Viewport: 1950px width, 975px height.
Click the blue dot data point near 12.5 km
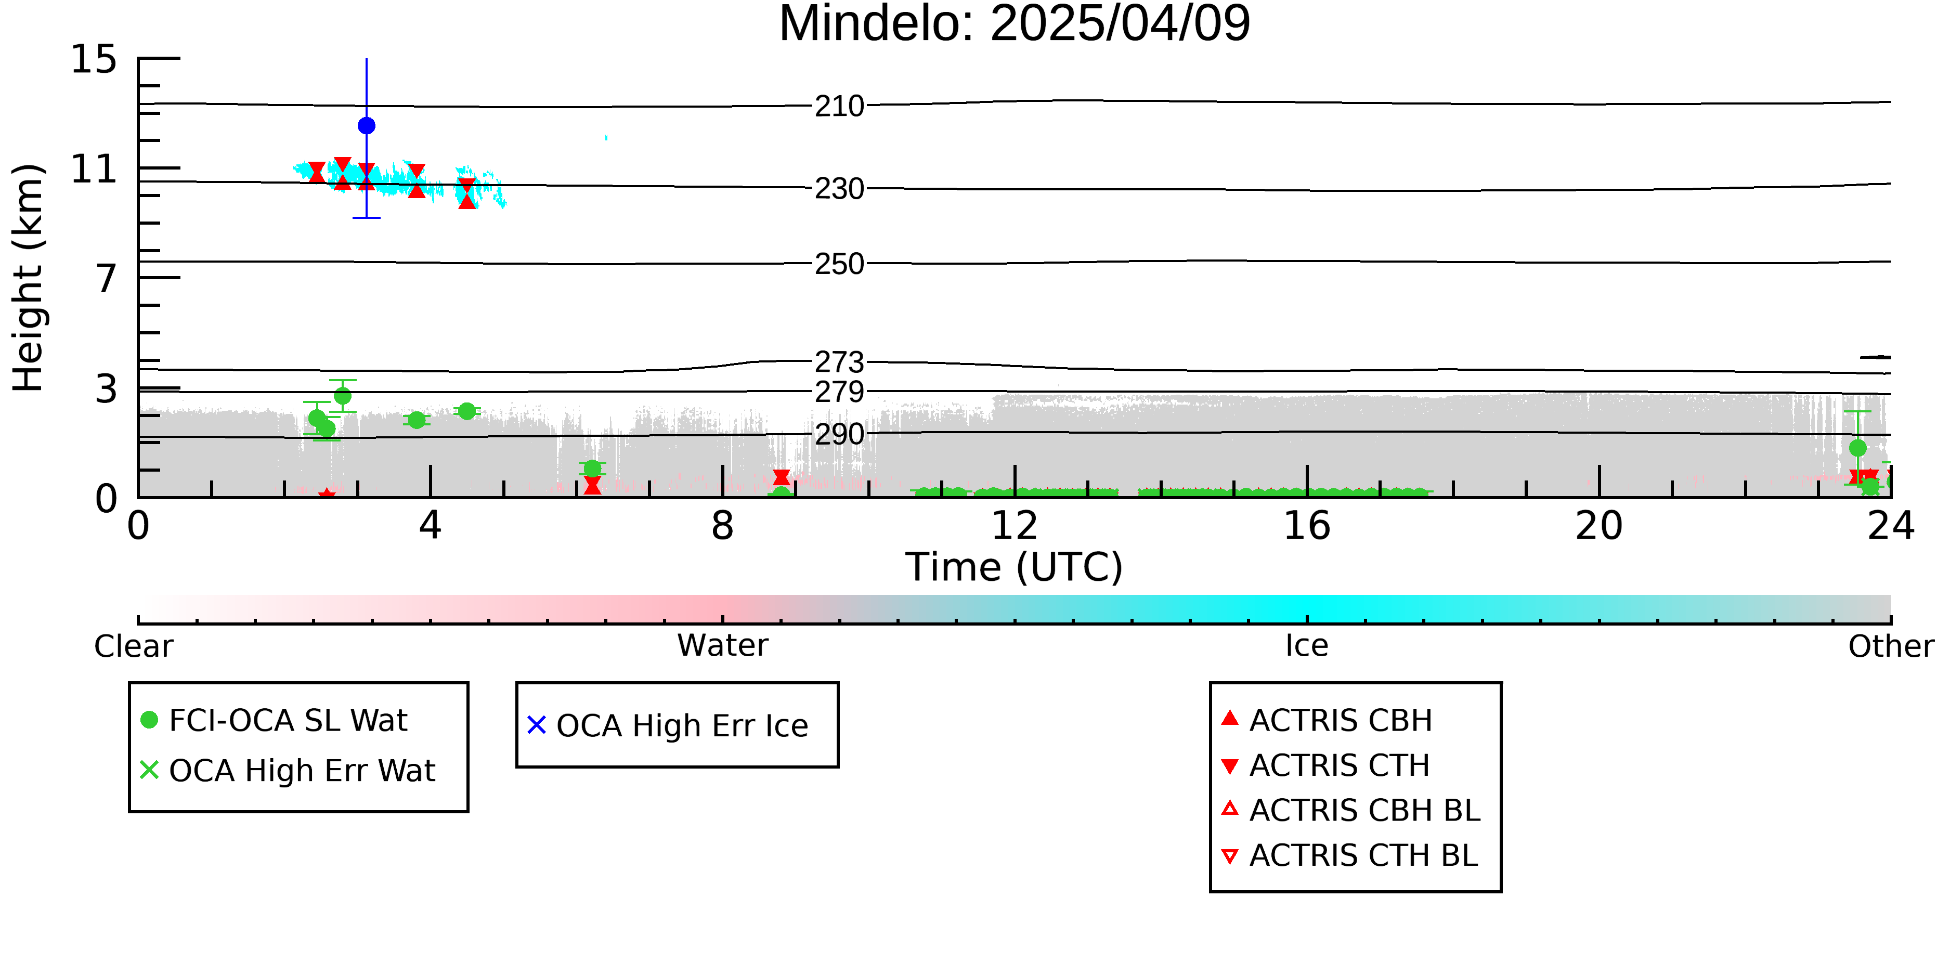pyautogui.click(x=367, y=126)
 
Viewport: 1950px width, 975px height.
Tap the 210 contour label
pyautogui.click(x=839, y=106)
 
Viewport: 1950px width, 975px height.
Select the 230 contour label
pyautogui.click(x=839, y=188)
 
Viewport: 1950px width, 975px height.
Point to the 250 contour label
pyautogui.click(x=839, y=264)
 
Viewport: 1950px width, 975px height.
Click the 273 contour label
pyautogui.click(x=839, y=362)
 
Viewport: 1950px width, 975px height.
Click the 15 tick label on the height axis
pyautogui.click(x=94, y=59)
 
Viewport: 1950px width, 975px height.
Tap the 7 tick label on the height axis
pyautogui.click(x=107, y=279)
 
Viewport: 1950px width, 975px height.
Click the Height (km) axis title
pyautogui.click(x=29, y=278)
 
